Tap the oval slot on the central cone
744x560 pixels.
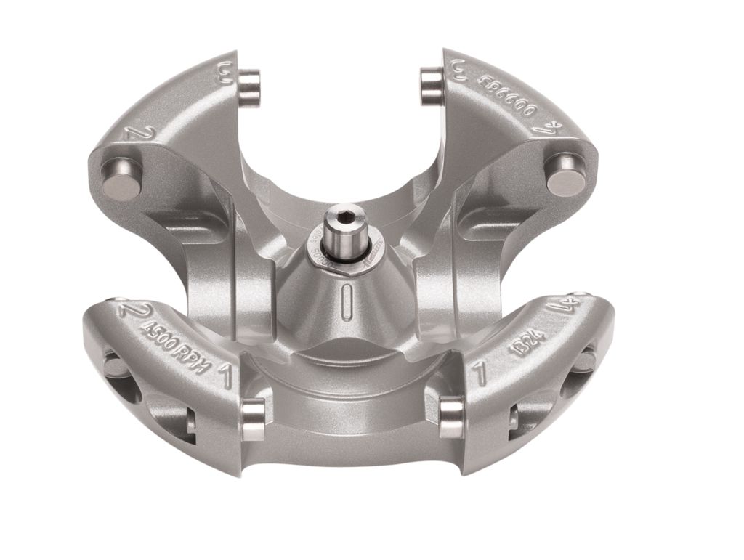(349, 297)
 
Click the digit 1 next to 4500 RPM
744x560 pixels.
(225, 374)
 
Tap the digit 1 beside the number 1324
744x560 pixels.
(478, 374)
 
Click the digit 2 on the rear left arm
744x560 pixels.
(132, 132)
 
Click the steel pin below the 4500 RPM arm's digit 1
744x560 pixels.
(253, 419)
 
